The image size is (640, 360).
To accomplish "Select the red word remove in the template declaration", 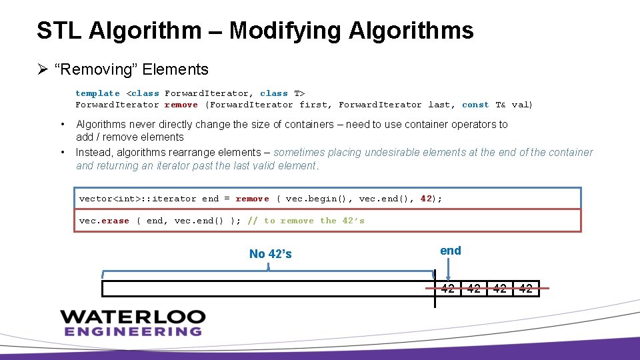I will [181, 105].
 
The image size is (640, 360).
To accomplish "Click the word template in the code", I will [97, 93].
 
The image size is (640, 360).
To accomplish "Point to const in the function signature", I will [475, 105].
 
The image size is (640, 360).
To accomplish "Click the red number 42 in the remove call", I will [427, 199].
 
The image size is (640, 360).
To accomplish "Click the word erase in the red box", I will [115, 221].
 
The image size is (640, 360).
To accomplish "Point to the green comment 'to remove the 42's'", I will [314, 221].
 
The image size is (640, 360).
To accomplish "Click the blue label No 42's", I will [270, 254].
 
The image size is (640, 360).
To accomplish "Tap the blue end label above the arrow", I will [451, 251].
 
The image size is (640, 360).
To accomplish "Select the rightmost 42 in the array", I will [525, 289].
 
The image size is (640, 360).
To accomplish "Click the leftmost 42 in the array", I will [448, 289].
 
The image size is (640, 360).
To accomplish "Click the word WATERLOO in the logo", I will [133, 316].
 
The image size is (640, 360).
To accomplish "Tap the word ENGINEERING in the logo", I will [133, 331].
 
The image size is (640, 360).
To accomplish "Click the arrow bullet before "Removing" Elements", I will [41, 69].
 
